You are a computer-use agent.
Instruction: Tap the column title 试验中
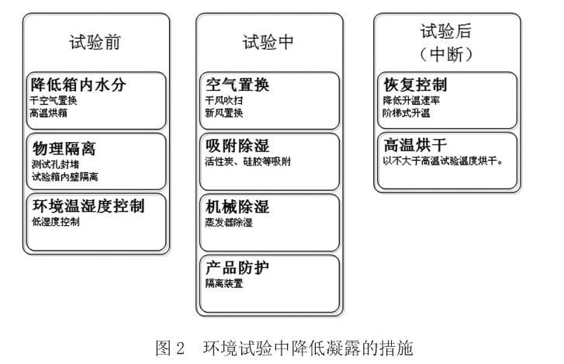pos(268,42)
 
